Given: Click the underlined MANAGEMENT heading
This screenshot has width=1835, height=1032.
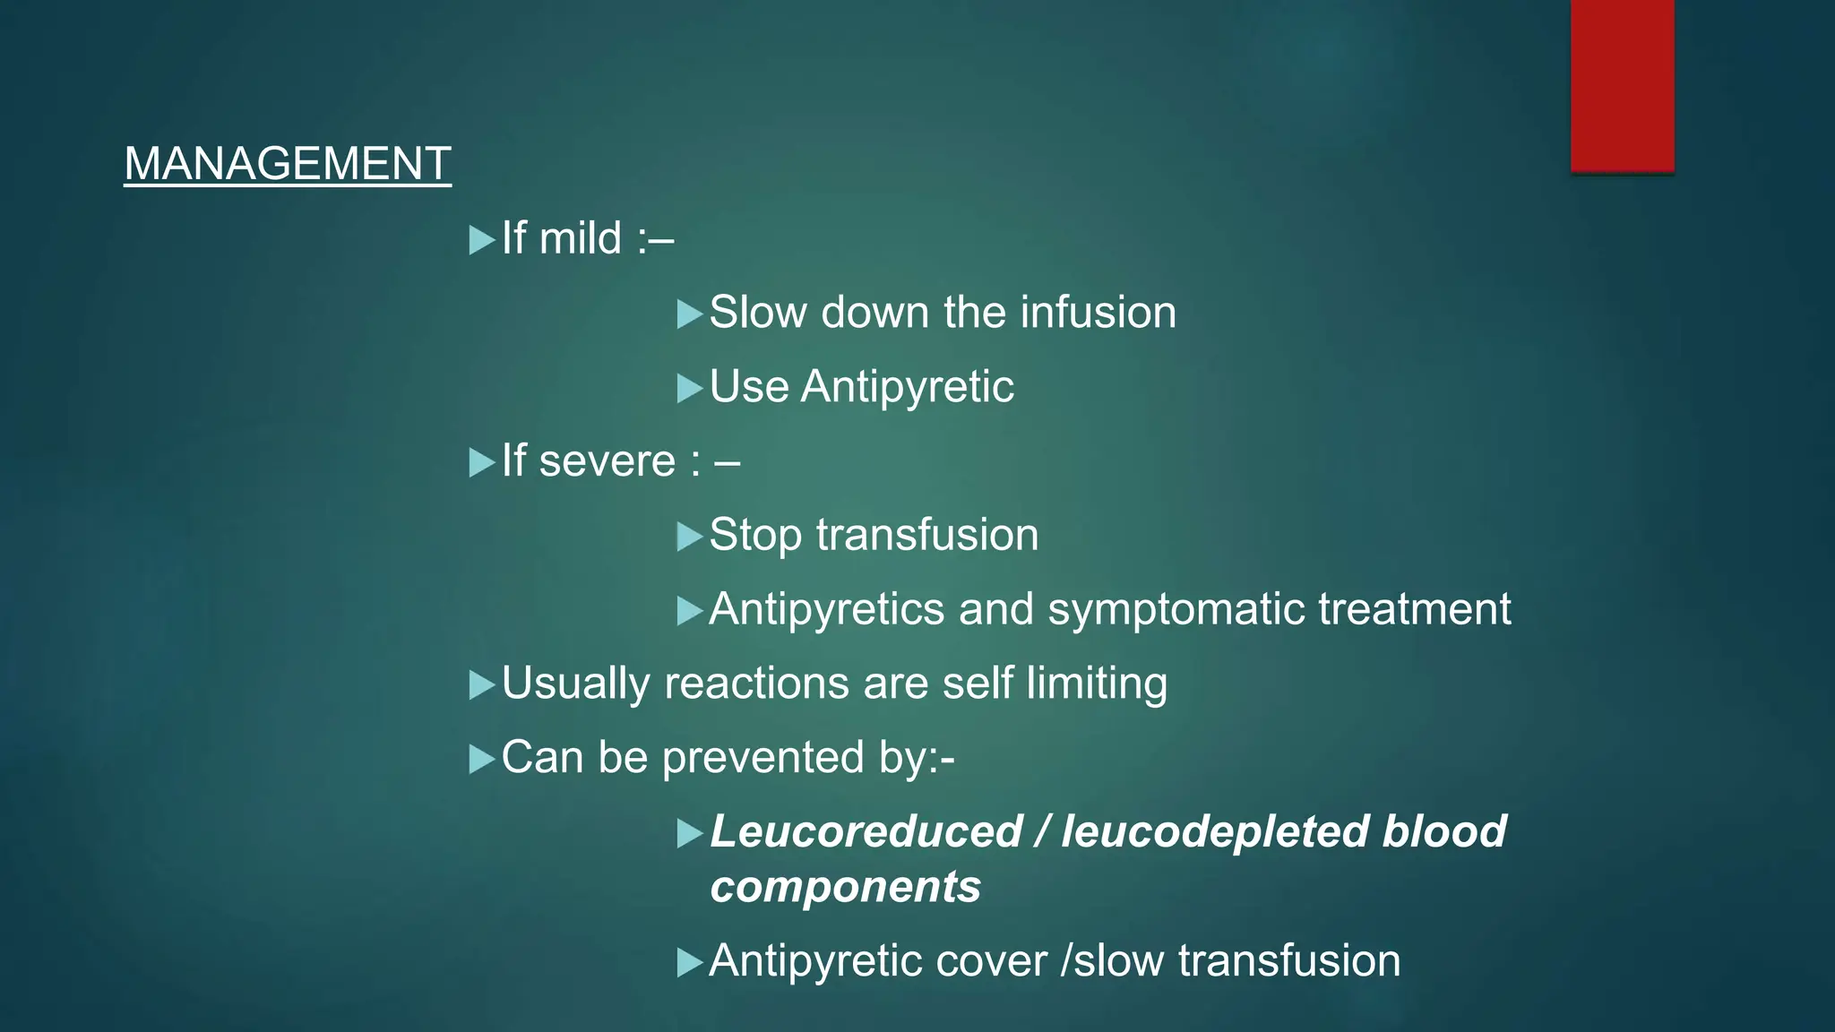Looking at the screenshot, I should pyautogui.click(x=287, y=164).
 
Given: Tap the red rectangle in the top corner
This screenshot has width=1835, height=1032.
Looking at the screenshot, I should pyautogui.click(x=1622, y=85).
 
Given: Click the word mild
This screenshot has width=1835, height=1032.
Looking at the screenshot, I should pyautogui.click(x=581, y=239).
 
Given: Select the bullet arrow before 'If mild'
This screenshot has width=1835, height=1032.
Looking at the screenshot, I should pyautogui.click(x=481, y=240).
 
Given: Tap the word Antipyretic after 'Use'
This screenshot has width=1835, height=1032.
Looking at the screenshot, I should pyautogui.click(x=907, y=388).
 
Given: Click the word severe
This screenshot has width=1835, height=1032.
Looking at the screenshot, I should pyautogui.click(x=607, y=461).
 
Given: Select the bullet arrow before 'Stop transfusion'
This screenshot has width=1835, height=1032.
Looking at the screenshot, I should pyautogui.click(x=689, y=537).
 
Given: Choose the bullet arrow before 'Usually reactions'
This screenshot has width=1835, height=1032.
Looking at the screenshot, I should pyautogui.click(x=481, y=685).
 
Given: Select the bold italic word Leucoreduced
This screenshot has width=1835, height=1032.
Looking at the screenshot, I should pyautogui.click(x=866, y=831).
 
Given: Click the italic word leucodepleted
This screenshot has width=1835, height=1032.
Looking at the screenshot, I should pyautogui.click(x=1214, y=831).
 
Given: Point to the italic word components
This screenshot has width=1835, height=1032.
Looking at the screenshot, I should pyautogui.click(x=845, y=887).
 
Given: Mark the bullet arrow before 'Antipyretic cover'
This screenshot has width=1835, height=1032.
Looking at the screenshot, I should pyautogui.click(x=689, y=963).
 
